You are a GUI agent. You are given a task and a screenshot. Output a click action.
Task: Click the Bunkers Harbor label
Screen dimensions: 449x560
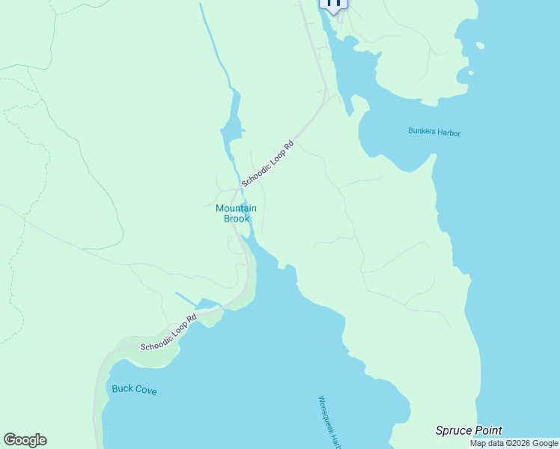434,132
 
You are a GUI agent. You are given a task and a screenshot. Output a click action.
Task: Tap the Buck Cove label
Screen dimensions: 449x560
134,389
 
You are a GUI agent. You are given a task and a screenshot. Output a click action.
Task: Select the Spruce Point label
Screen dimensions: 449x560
469,430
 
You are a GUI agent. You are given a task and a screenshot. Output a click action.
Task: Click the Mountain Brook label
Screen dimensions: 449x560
236,213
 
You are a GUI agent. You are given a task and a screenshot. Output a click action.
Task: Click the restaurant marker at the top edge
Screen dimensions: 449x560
333,4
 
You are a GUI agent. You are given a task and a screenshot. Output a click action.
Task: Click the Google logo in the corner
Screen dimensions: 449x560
25,440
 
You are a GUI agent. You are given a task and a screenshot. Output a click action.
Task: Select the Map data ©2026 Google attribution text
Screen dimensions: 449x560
514,443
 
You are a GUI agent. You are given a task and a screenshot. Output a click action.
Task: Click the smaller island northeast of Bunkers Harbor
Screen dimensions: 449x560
470,73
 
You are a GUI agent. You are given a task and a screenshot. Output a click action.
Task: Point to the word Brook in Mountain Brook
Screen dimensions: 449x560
236,219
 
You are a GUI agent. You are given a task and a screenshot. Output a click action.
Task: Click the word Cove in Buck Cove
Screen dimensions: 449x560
145,390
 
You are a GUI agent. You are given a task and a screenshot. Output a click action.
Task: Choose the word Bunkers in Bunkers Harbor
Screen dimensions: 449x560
421,132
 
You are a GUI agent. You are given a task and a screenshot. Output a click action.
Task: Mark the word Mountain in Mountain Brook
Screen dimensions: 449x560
236,208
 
